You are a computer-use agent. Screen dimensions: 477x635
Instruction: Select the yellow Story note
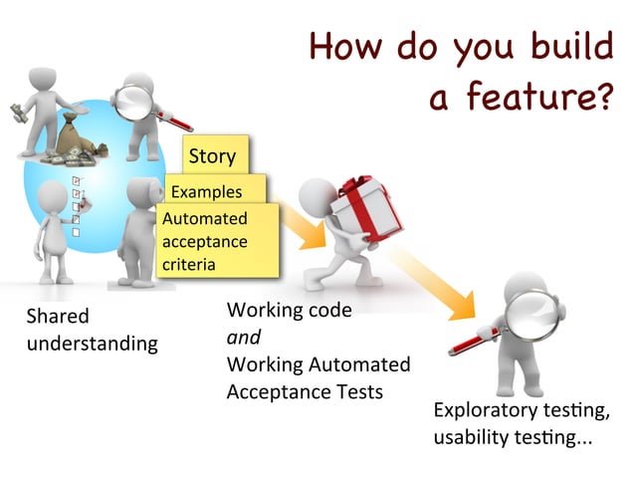[x=212, y=155]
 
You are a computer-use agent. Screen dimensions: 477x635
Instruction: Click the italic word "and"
[x=244, y=337]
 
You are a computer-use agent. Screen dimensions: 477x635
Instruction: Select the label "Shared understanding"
[x=91, y=330]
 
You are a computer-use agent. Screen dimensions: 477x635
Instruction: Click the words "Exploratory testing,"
[x=521, y=411]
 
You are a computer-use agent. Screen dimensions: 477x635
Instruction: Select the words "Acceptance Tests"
[x=304, y=390]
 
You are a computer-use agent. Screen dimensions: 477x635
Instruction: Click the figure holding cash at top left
[x=40, y=115]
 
